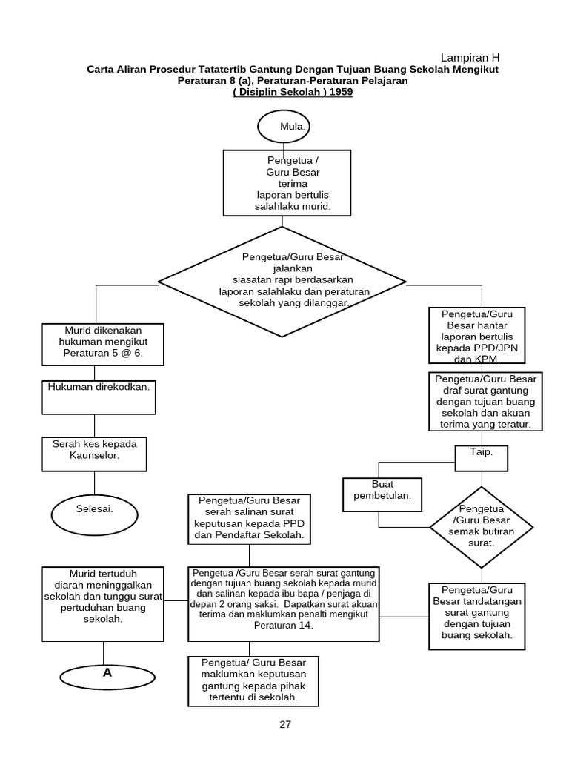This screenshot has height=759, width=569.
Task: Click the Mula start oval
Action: [x=284, y=127]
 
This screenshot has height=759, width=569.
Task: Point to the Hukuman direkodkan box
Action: [x=99, y=397]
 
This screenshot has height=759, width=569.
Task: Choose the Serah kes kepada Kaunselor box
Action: [x=95, y=454]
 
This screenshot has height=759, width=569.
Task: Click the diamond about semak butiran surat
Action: [x=482, y=526]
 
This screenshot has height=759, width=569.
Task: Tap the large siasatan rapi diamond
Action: [x=282, y=282]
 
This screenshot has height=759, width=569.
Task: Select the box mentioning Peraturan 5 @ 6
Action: [x=100, y=344]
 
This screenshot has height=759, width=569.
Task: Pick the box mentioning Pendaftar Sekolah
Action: [x=249, y=519]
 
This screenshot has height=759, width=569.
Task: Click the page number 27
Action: [x=285, y=725]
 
